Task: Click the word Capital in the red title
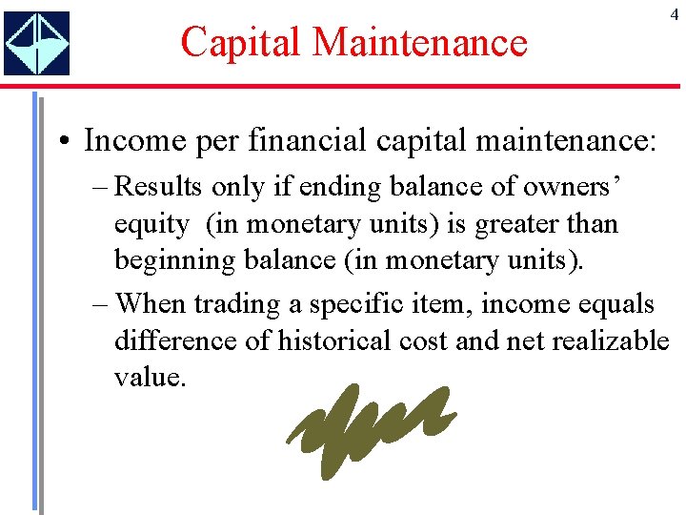[241, 42]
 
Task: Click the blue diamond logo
[36, 44]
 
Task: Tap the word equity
[151, 225]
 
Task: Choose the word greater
[510, 224]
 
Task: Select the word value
[149, 377]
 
